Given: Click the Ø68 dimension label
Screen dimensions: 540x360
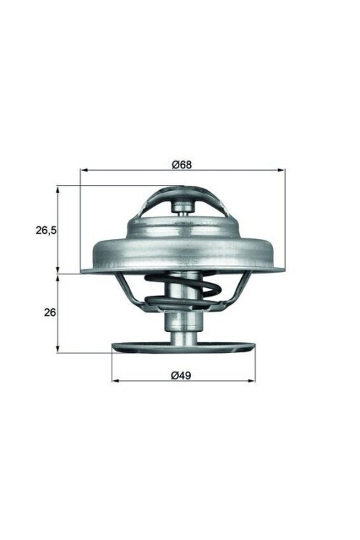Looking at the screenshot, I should tap(181, 164).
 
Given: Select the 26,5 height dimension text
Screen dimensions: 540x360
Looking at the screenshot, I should tap(46, 230).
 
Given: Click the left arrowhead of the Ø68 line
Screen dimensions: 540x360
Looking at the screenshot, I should tap(83, 171).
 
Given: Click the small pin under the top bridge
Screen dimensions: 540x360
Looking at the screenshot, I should tap(183, 207).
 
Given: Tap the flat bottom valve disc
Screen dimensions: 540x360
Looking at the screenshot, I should tap(184, 348).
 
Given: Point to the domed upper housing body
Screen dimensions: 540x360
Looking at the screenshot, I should tap(184, 245).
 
